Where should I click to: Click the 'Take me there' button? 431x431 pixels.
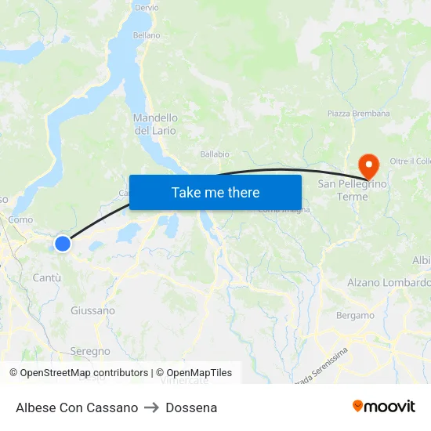215,192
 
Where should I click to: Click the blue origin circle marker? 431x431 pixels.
63,244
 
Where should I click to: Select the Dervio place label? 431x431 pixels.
147,7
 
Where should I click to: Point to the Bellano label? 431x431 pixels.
147,35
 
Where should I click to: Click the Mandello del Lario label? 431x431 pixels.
155,124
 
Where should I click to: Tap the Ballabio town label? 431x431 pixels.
215,154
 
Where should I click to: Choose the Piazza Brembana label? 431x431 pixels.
359,114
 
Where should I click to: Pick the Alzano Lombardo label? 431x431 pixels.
389,282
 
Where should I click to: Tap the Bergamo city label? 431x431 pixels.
355,316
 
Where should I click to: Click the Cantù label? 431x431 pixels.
47,277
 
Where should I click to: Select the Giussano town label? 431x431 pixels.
92,310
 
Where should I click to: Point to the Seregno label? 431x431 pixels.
90,351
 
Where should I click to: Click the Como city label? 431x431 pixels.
20,220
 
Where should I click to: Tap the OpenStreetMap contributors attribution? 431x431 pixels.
78,373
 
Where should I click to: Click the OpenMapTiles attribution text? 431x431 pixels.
194,373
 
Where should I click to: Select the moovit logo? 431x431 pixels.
384,406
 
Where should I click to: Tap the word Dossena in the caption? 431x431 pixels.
191,407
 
